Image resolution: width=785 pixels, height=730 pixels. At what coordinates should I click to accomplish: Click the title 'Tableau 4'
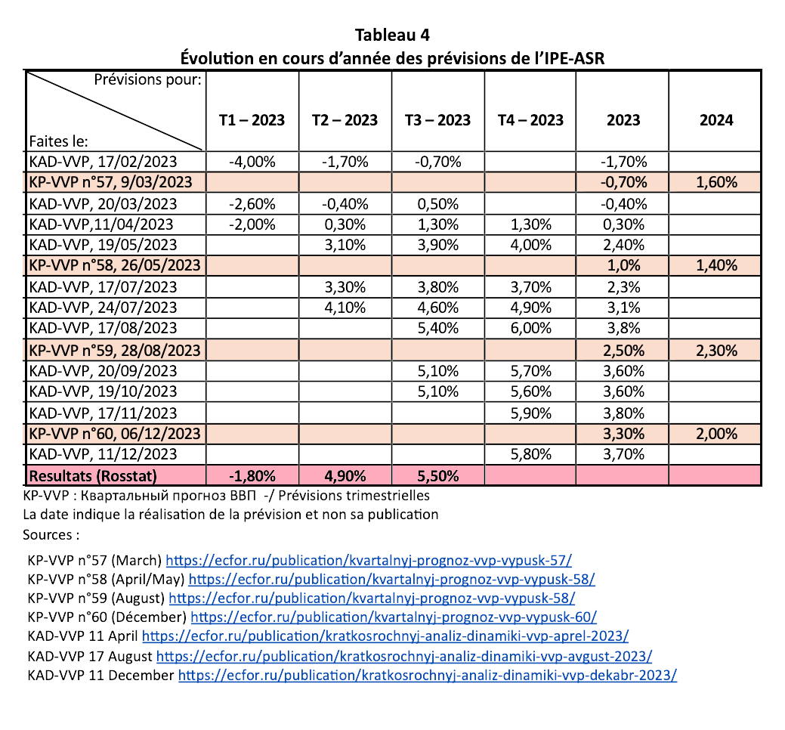(x=392, y=35)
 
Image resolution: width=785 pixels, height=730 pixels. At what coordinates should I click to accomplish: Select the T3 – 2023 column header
(x=437, y=120)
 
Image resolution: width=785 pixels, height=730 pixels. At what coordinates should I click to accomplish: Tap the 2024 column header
(x=716, y=120)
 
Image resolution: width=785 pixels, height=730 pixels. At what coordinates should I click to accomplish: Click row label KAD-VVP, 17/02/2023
(x=104, y=162)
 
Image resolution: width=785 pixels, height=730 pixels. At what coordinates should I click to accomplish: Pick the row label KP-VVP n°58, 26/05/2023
(x=115, y=264)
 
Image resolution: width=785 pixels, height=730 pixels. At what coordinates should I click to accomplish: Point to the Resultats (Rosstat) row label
(x=93, y=475)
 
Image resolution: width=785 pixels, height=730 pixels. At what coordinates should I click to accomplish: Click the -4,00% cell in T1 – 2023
(x=252, y=162)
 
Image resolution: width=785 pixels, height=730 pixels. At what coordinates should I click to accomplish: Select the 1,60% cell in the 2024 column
(x=716, y=182)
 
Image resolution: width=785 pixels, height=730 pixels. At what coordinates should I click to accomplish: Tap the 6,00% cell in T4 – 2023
(x=530, y=328)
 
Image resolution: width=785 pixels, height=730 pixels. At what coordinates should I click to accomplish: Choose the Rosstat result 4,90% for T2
(x=345, y=475)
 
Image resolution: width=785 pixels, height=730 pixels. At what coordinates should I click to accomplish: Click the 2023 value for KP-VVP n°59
(x=623, y=351)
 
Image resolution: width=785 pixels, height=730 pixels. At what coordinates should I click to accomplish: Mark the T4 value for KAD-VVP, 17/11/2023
(x=530, y=413)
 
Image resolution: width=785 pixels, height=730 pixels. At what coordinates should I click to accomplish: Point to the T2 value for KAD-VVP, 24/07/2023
(x=345, y=308)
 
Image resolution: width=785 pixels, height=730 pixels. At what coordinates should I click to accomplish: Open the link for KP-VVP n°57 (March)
(x=369, y=560)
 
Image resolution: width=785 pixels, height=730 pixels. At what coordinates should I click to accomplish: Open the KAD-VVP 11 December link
(x=427, y=676)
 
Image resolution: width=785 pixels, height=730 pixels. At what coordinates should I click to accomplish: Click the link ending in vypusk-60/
(x=394, y=617)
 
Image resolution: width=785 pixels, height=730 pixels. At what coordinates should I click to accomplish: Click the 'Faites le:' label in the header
(x=59, y=142)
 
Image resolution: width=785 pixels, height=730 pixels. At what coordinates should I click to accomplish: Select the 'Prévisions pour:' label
(x=147, y=79)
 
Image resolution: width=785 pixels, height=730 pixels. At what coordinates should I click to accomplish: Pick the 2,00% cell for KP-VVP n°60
(x=716, y=434)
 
